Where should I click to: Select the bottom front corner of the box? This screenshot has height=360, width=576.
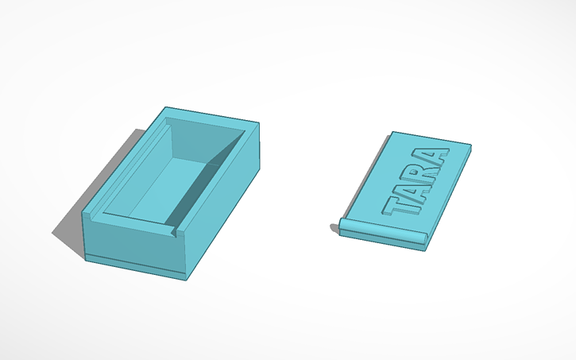187,278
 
